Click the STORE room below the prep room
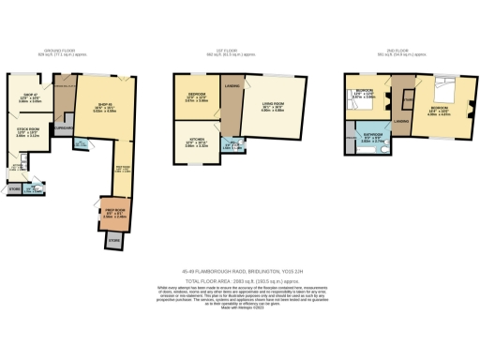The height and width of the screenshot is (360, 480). [x=112, y=241]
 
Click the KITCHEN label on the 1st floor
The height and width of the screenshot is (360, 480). [x=195, y=143]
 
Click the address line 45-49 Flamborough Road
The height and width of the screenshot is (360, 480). [x=240, y=273]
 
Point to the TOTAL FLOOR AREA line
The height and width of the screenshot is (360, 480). [x=240, y=280]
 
